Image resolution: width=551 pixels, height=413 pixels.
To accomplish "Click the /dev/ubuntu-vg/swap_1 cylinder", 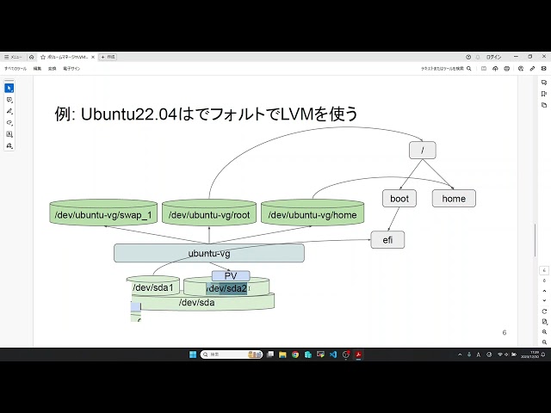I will (102, 215).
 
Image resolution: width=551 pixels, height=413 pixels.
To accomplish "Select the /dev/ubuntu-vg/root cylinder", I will (209, 215).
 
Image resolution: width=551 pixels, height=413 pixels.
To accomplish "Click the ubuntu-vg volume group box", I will (209, 253).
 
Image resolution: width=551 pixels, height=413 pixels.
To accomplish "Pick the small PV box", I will (231, 276).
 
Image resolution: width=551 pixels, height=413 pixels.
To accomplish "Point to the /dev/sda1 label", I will (153, 287).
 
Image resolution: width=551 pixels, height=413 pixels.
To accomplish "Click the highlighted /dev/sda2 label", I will (226, 288).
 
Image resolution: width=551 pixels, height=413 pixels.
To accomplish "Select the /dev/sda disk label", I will (196, 302).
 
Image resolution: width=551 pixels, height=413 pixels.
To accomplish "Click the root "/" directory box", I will (422, 150).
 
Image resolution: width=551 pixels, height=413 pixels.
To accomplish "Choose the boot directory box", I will (399, 198).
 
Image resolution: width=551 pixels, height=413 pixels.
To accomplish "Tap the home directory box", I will (454, 198).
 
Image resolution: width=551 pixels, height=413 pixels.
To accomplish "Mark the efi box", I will (387, 240).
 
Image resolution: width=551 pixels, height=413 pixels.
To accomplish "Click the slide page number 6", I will (504, 333).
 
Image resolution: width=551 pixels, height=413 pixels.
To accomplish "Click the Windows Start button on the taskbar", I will (193, 354).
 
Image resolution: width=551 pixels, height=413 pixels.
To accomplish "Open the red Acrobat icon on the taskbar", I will (358, 354).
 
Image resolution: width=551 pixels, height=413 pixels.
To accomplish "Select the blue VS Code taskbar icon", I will (332, 354).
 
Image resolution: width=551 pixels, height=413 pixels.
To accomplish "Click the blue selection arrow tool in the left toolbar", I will (9, 88).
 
